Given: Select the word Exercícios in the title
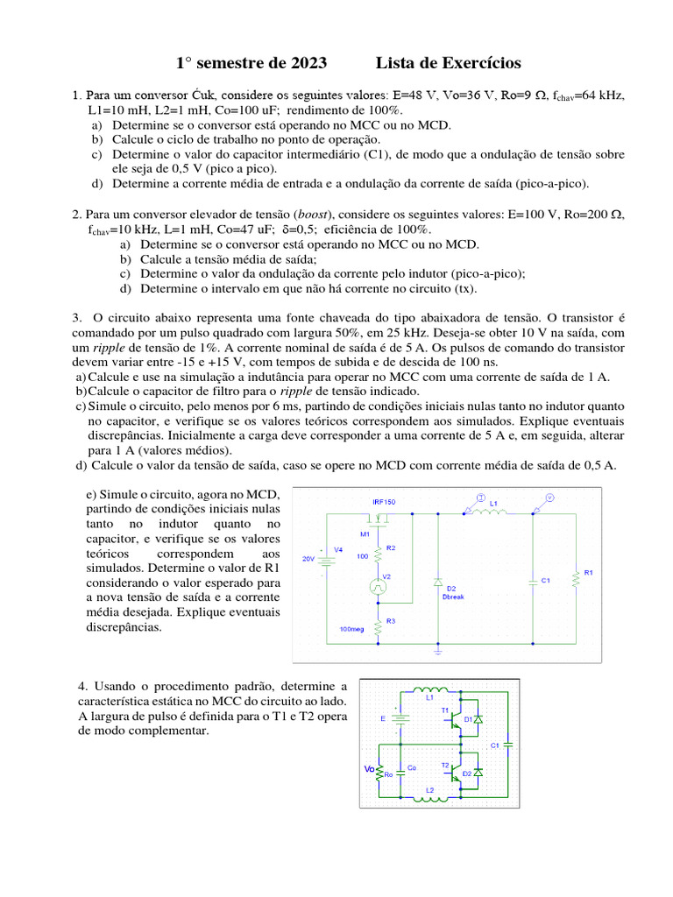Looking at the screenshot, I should tap(474, 63).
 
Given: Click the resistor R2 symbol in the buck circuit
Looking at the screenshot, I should tap(378, 554).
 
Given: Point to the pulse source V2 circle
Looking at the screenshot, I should tap(378, 587).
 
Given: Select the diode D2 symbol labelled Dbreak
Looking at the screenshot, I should tap(437, 582).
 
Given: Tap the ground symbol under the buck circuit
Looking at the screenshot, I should tap(437, 653).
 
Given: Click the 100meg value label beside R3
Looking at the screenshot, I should tap(351, 629).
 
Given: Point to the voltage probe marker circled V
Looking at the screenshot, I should tap(549, 497).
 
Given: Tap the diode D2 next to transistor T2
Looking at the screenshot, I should tap(478, 773).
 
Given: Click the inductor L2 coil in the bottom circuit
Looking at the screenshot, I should tap(429, 798).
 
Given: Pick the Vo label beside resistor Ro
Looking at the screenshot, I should tap(369, 771).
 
